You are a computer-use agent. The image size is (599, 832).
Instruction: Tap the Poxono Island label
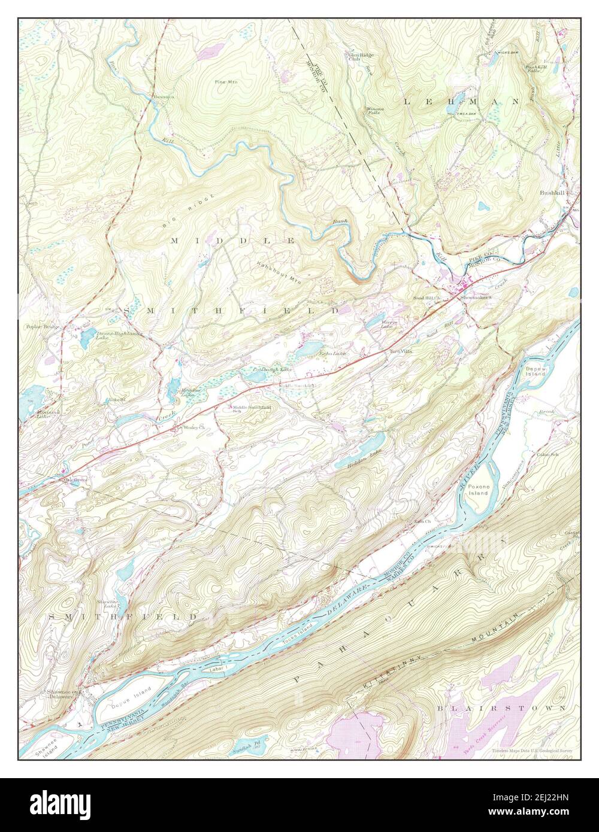pyautogui.click(x=479, y=490)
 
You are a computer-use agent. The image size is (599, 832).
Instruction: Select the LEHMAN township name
pyautogui.click(x=460, y=102)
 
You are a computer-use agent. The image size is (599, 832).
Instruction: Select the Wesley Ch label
pyautogui.click(x=193, y=427)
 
